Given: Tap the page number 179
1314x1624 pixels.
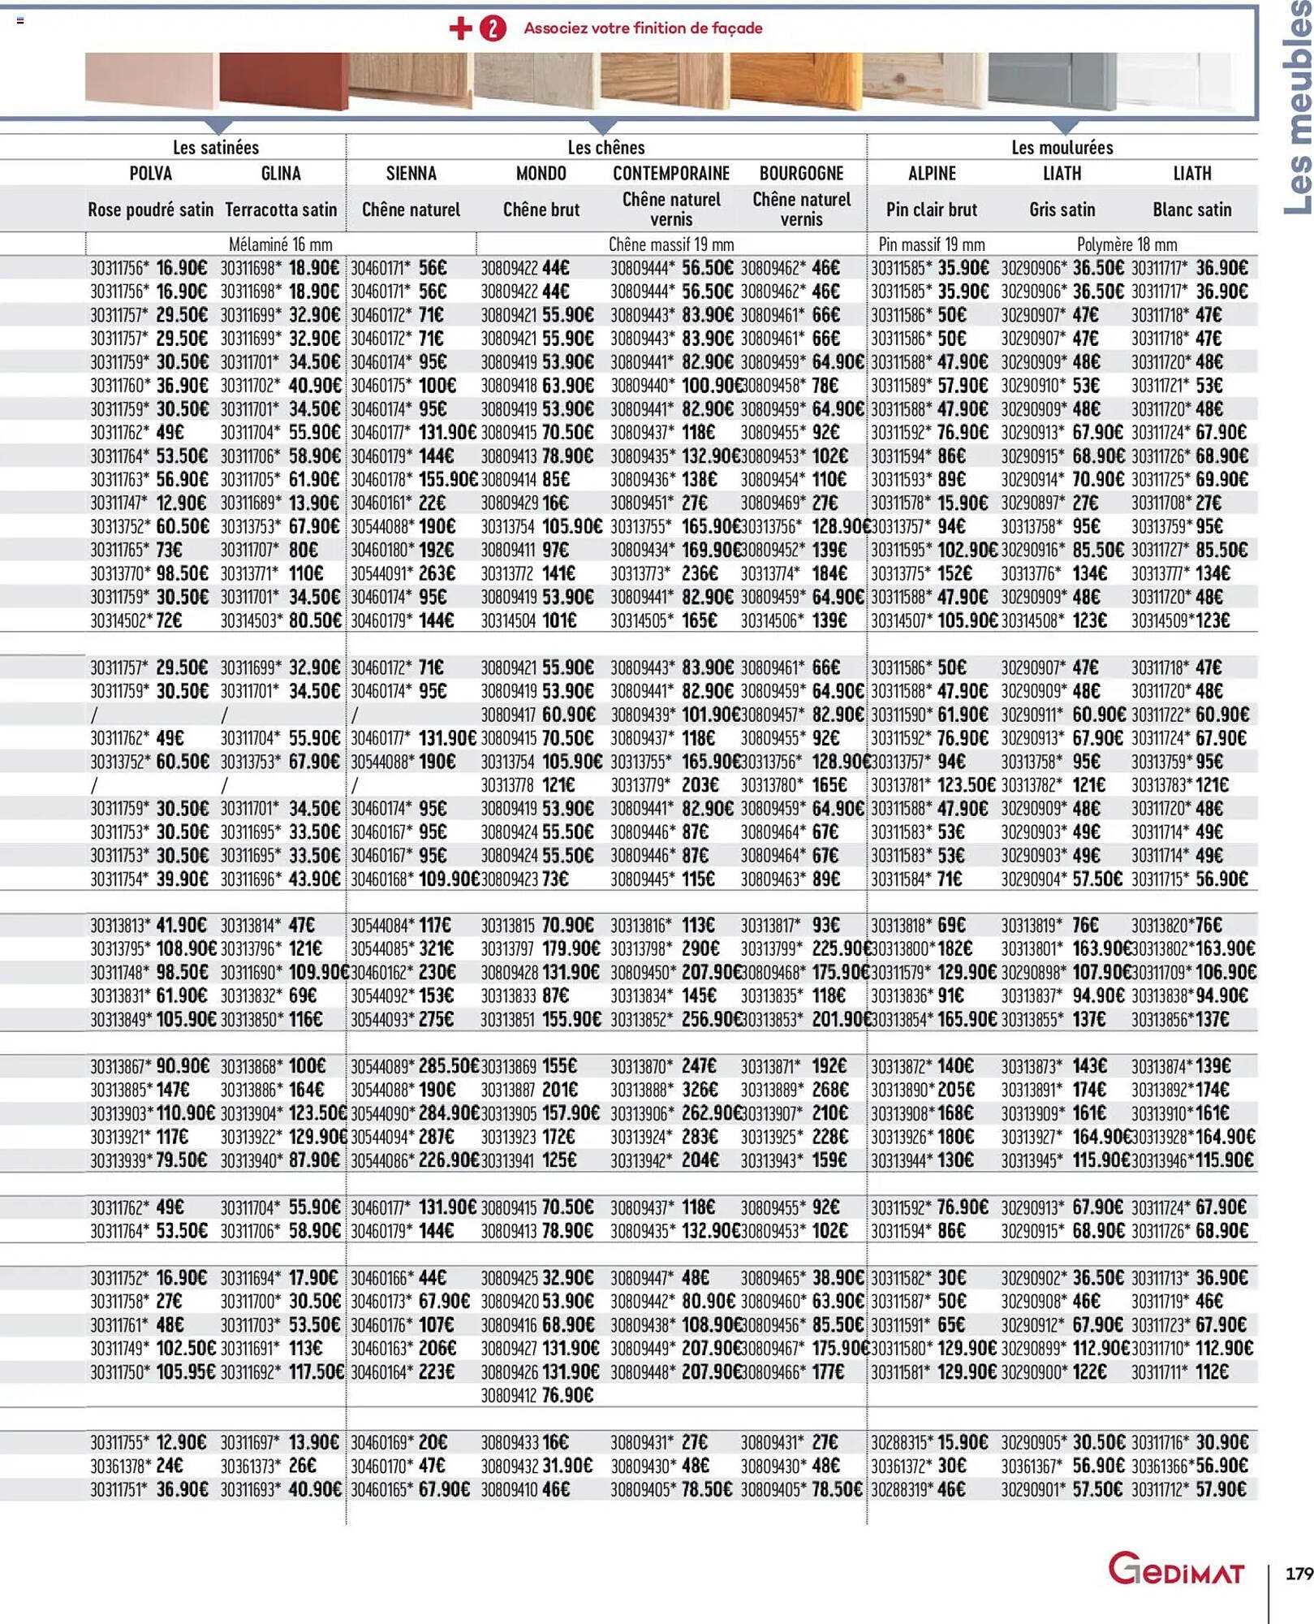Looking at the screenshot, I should click(1299, 1574).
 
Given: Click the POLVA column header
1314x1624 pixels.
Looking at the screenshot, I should click(151, 173).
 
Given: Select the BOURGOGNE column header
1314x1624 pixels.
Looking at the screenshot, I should click(801, 173).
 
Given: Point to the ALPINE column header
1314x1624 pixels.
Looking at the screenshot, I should click(932, 173).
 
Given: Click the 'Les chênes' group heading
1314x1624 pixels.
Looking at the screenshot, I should click(606, 147).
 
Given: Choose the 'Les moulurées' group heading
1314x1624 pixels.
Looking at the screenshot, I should click(1062, 147).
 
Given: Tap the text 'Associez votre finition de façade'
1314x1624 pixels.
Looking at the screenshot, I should click(643, 28).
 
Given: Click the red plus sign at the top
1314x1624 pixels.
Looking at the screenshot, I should click(460, 28).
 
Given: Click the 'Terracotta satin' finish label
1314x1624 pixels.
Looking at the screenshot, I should click(281, 209).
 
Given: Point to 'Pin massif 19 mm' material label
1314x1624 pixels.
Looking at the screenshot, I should click(932, 244).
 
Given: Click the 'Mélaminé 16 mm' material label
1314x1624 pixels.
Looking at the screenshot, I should click(281, 244).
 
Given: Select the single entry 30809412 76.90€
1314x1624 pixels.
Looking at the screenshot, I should click(537, 1395).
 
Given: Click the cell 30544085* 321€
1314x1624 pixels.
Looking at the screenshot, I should click(403, 948).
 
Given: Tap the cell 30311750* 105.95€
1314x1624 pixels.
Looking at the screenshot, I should click(150, 1371).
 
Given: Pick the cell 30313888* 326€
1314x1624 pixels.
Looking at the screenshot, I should click(664, 1089).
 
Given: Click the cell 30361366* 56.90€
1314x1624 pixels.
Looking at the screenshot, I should click(1191, 1466).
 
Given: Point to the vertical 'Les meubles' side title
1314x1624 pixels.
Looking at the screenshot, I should click(1297, 110).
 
